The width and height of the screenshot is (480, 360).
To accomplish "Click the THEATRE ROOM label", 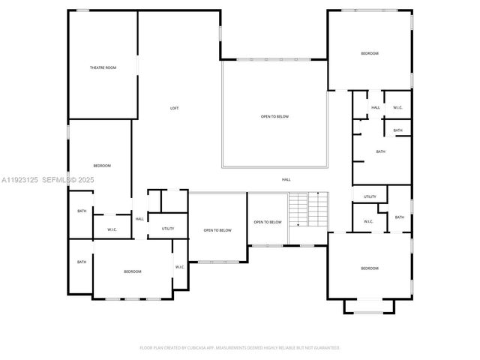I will click(x=103, y=68).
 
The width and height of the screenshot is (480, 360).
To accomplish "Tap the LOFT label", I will click(x=174, y=109).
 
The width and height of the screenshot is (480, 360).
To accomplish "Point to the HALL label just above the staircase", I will click(x=286, y=180).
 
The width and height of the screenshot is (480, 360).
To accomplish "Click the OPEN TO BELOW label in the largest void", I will click(x=274, y=117).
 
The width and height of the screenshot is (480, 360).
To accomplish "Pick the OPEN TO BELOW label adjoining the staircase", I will click(x=268, y=222).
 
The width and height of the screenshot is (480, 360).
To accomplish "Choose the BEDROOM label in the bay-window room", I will click(x=369, y=268).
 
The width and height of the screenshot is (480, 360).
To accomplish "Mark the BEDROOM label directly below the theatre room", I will click(x=102, y=166).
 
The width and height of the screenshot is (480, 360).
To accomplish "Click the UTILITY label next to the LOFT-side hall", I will click(x=168, y=229).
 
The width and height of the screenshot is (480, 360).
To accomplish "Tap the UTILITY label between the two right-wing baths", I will click(x=370, y=197).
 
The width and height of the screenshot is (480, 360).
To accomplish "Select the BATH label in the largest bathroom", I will click(x=380, y=152).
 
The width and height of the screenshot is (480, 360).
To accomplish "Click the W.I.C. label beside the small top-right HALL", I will click(x=397, y=108).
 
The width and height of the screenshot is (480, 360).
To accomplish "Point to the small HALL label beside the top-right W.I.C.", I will click(x=376, y=108).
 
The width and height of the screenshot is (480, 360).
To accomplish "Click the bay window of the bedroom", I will click(x=369, y=307).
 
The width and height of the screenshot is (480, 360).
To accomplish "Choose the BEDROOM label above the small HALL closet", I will click(x=369, y=53).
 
